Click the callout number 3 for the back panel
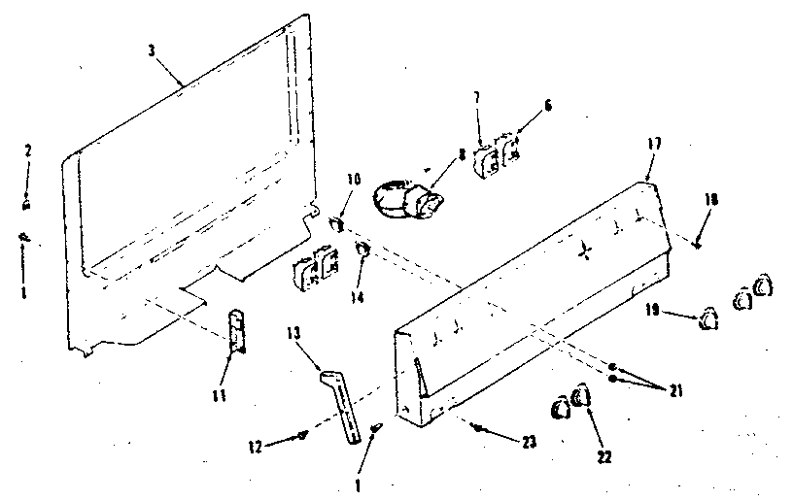click(x=153, y=50)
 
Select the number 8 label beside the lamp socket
click(x=461, y=152)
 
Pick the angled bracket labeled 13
click(x=341, y=399)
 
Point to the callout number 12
click(x=256, y=447)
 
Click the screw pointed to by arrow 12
click(x=304, y=436)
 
